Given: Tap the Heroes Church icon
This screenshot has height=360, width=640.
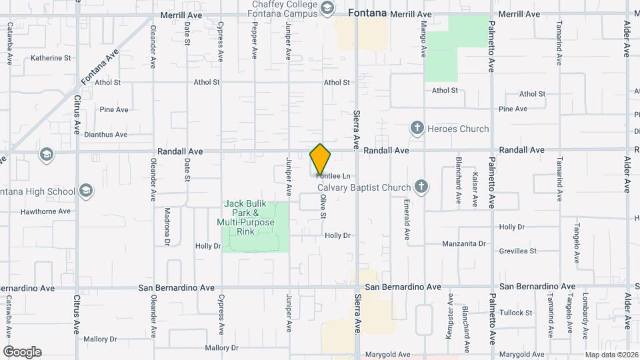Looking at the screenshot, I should point(417,129).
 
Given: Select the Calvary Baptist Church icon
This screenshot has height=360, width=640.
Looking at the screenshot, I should point(421,187).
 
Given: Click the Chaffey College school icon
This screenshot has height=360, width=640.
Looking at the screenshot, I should point(327,8).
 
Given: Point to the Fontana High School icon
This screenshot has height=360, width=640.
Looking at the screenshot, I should point(85,191).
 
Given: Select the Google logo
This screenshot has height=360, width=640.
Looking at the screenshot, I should point(22,351).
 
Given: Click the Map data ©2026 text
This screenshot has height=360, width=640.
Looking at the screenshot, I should point(611,355).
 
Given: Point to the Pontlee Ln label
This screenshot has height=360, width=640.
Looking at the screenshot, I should point(333,176).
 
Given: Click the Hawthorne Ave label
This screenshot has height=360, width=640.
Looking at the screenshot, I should point(45,211).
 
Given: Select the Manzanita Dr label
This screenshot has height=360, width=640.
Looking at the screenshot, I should point(464,244).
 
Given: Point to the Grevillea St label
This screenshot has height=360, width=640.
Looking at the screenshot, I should point(518,251).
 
